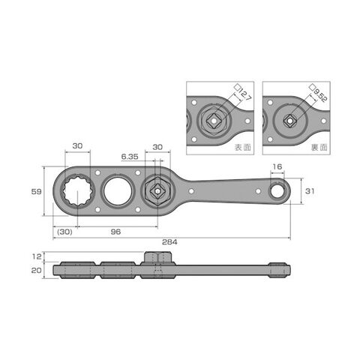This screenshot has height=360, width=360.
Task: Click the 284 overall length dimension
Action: pos(169,242)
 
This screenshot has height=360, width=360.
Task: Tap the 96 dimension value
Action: pos(115,232)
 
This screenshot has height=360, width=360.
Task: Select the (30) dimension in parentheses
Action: pos(64,232)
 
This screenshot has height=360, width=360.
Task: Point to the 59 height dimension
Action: pos(36,192)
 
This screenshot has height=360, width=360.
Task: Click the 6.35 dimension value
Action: pos(130,157)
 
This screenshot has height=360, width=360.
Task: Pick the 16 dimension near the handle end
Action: pos(277,166)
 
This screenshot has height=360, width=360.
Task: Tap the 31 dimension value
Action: pos(310,191)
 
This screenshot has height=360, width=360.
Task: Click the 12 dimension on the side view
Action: pos(37,256)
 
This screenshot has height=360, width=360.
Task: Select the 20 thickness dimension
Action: pos(36,270)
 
